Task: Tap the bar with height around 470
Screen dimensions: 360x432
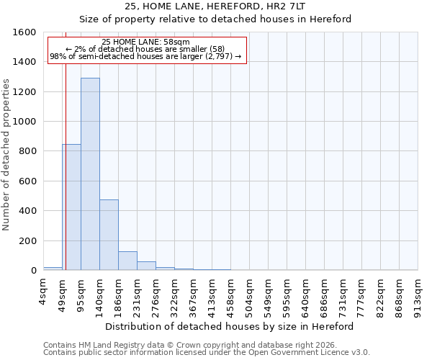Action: [109, 235]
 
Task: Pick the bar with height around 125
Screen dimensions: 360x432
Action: [127, 261]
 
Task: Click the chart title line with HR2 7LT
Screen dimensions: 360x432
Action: [215, 6]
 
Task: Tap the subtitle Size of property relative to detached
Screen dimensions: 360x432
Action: [215, 19]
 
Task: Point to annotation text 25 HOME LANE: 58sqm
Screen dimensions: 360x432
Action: [145, 42]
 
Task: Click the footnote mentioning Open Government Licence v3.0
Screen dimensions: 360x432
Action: [207, 353]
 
